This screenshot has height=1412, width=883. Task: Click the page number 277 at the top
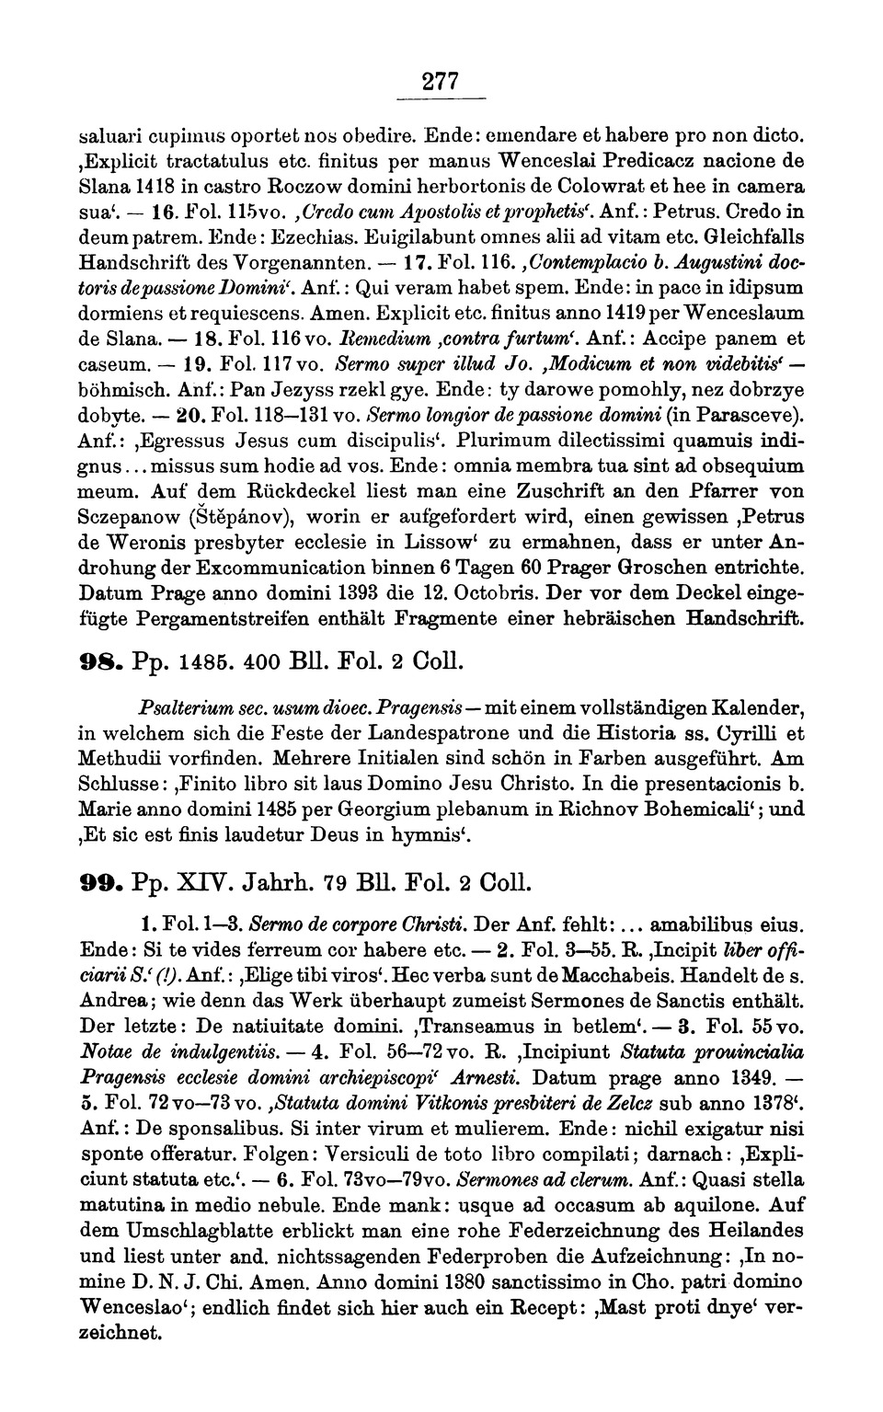point(440,81)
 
